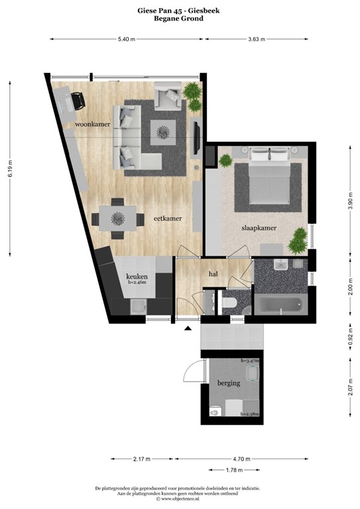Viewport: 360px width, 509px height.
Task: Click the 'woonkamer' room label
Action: pyautogui.click(x=92, y=124)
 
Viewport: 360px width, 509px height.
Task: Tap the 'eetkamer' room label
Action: pyautogui.click(x=168, y=217)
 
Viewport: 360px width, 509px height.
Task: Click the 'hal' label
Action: pyautogui.click(x=213, y=273)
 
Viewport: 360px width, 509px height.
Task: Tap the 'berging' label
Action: pyautogui.click(x=229, y=383)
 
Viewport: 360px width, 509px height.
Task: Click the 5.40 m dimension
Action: pyautogui.click(x=126, y=40)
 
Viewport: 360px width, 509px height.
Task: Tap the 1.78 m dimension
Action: pyautogui.click(x=234, y=469)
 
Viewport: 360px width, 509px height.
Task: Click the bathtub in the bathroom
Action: pyautogui.click(x=281, y=306)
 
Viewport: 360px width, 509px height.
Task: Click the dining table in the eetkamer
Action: pyautogui.click(x=119, y=217)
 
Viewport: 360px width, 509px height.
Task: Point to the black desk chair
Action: pyautogui.click(x=78, y=100)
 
